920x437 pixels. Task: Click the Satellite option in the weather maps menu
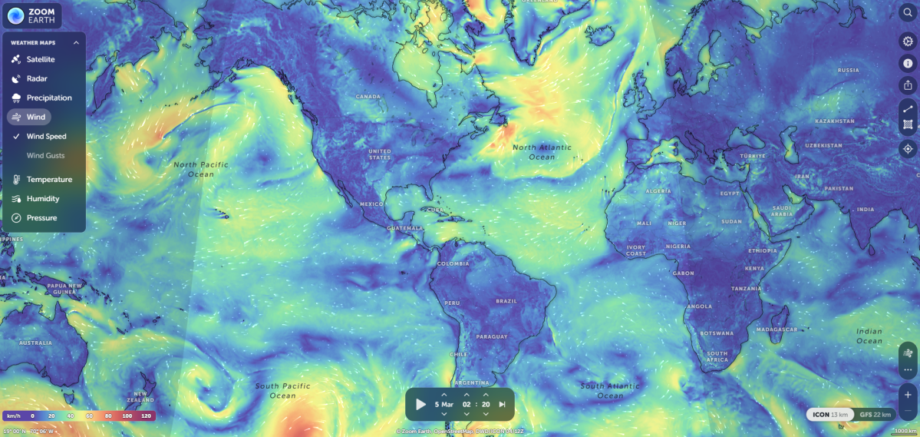click(x=41, y=59)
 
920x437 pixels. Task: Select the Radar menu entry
click(x=37, y=78)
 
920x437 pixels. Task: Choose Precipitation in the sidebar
click(x=49, y=98)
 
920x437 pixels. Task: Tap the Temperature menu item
click(x=49, y=179)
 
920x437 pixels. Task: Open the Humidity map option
click(x=43, y=198)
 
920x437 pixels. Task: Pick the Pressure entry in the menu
click(x=41, y=217)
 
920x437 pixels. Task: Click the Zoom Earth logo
click(x=31, y=15)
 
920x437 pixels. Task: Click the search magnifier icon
click(x=907, y=14)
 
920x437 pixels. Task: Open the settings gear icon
click(x=907, y=41)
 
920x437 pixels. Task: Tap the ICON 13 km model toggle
click(x=830, y=415)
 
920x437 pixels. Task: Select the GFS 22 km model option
click(x=875, y=415)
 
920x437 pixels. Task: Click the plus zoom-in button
click(x=907, y=395)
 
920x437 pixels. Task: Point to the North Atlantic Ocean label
click(x=533, y=152)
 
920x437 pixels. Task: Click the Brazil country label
click(x=507, y=300)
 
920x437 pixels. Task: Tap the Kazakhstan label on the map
click(x=834, y=121)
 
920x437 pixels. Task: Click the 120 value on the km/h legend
click(x=146, y=415)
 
